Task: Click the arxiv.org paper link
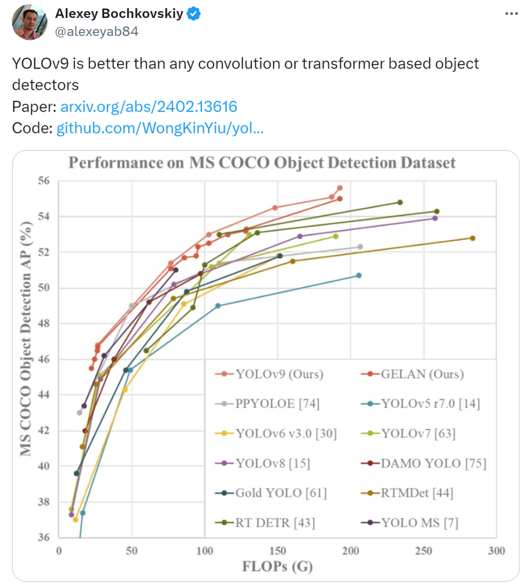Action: tap(149, 107)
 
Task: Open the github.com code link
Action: tap(160, 128)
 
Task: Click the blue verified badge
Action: tap(193, 14)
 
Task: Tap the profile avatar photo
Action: tap(30, 23)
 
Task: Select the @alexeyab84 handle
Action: tap(97, 32)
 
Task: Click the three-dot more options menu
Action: tap(511, 14)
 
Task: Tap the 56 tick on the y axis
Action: tap(44, 181)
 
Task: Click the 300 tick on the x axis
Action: tap(496, 551)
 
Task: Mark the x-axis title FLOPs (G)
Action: tap(277, 567)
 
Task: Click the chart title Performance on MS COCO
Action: tap(262, 163)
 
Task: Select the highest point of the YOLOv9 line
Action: tap(340, 188)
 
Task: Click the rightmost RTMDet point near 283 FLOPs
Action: tap(472, 238)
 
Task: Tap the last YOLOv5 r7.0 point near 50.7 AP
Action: tap(359, 275)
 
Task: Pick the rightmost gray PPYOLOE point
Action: tap(360, 247)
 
